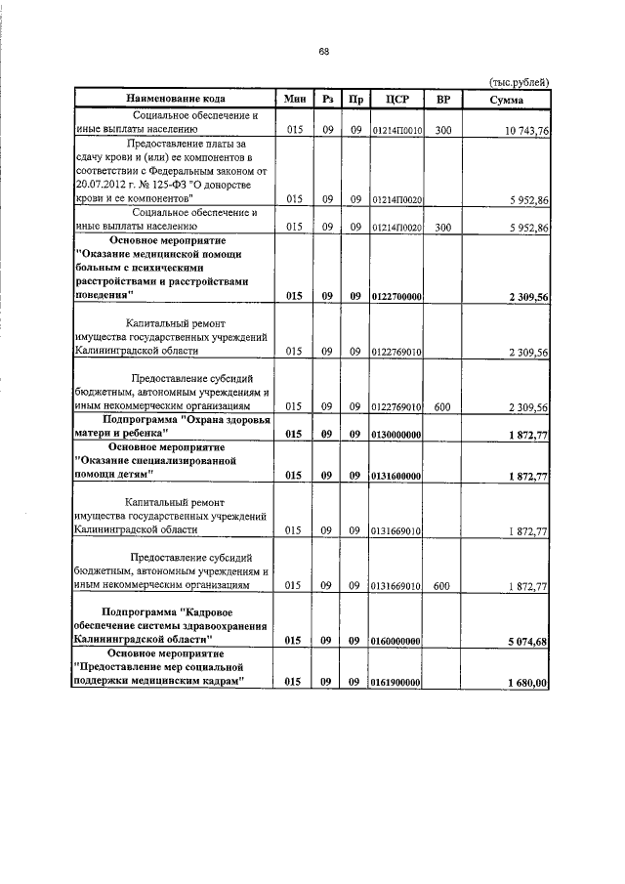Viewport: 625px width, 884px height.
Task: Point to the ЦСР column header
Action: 396,100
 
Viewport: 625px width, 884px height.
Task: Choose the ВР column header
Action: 442,100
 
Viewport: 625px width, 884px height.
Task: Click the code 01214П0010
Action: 396,130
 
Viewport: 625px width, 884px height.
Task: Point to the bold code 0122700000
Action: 396,295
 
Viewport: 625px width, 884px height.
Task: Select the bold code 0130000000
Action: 396,434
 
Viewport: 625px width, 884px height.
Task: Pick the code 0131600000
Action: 396,476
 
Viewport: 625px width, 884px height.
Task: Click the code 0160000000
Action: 396,641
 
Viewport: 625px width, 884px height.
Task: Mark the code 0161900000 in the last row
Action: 396,683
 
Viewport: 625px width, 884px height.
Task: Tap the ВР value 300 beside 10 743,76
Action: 442,130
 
